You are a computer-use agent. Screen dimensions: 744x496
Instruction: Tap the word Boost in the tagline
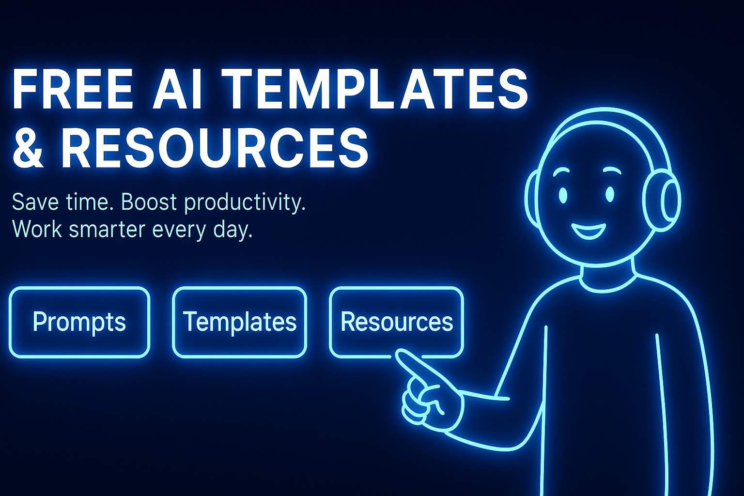(149, 201)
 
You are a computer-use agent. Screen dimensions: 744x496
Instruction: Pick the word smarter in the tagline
(107, 229)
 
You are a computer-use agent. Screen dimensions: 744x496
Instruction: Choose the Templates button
(239, 322)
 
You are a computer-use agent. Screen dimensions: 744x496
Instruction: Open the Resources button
(397, 322)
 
